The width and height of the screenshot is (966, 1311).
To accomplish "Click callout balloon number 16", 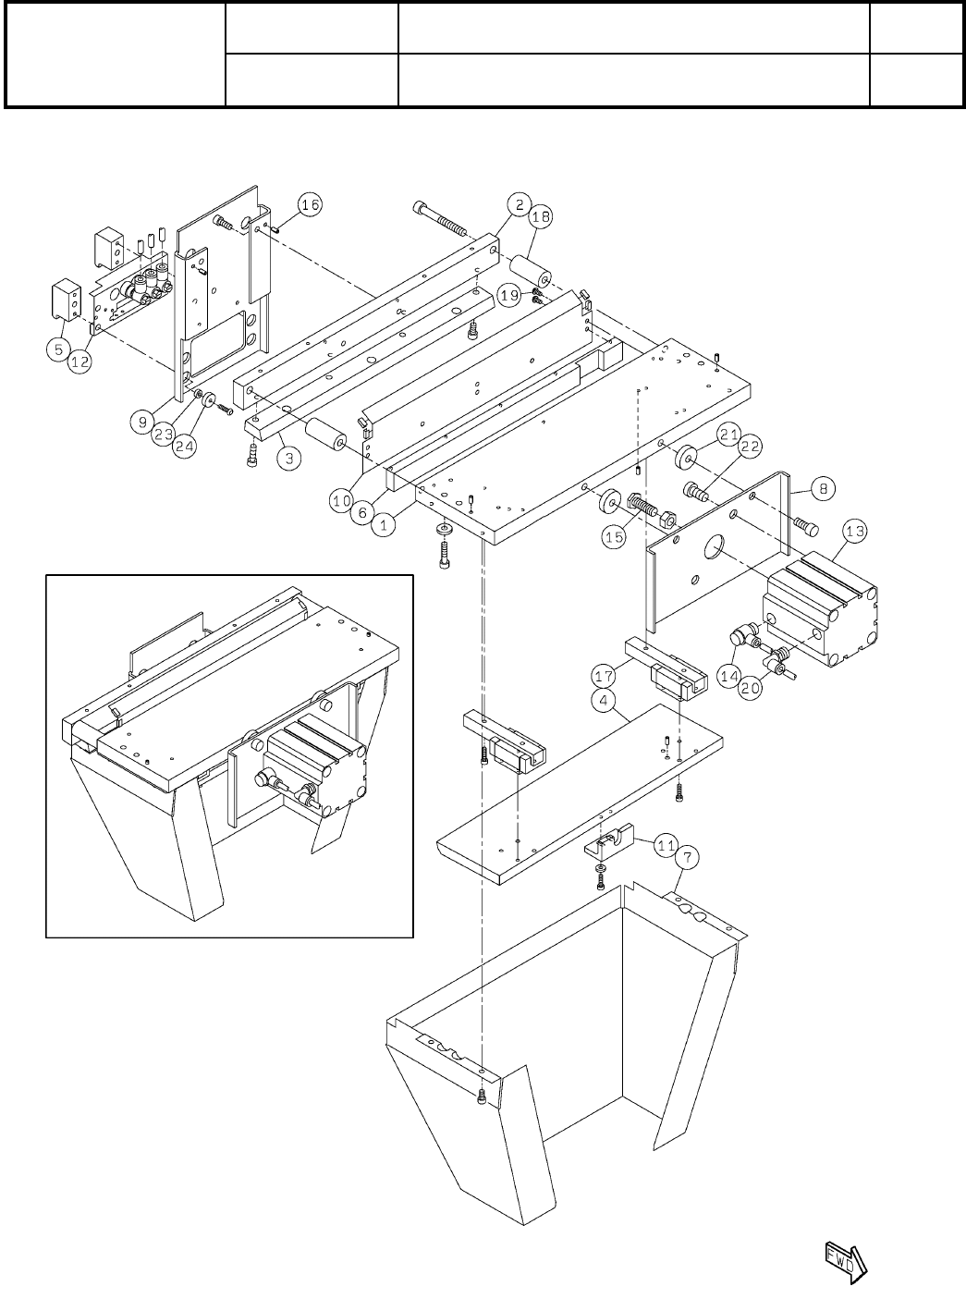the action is click(x=311, y=205).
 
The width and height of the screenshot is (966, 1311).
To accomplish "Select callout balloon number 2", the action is click(x=520, y=204).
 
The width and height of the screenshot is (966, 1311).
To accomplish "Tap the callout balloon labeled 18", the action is click(x=540, y=217).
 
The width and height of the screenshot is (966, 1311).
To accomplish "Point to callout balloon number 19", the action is click(x=510, y=296).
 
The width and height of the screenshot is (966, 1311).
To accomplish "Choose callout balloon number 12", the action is click(x=80, y=363).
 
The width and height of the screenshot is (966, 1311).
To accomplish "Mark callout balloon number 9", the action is click(x=141, y=422).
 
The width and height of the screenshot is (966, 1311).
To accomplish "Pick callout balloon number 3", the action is click(x=289, y=459).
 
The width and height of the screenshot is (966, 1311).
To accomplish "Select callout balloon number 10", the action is click(x=343, y=500).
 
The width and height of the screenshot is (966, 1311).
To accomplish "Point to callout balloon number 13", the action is click(x=854, y=531).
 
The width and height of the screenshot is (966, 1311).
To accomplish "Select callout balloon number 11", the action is click(x=666, y=843).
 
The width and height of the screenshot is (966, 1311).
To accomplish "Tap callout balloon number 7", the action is click(x=685, y=858).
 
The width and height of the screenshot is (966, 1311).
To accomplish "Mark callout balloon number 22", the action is click(x=750, y=447).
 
